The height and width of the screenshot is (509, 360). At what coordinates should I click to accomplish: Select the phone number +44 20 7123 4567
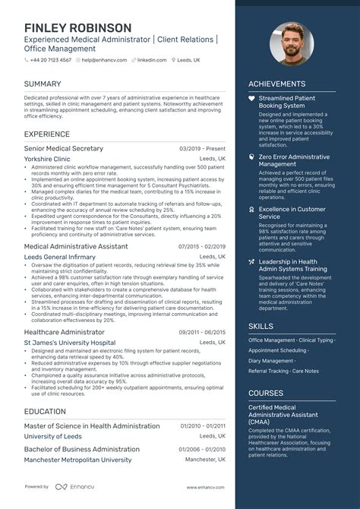pos(50,59)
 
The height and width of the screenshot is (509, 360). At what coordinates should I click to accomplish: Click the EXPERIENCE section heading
pos(47,133)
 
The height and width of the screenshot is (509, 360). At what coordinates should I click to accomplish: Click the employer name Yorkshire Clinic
pos(47,159)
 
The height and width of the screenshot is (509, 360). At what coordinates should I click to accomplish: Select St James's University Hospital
pos(69,343)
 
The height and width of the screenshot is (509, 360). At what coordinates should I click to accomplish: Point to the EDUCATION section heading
pos(44,411)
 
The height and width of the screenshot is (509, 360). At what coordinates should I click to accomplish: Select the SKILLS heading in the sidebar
pos(261,325)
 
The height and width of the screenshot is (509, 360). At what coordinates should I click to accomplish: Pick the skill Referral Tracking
pos(269,371)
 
